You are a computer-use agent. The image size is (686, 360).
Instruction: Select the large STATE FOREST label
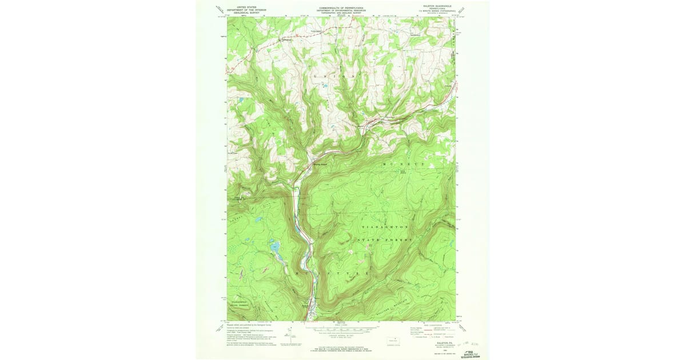[384, 241]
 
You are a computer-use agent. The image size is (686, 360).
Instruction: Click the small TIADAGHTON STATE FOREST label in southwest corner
[245, 303]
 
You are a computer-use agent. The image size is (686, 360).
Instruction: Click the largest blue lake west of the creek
[274, 247]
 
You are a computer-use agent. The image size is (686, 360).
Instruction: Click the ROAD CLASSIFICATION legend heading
[432, 324]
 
